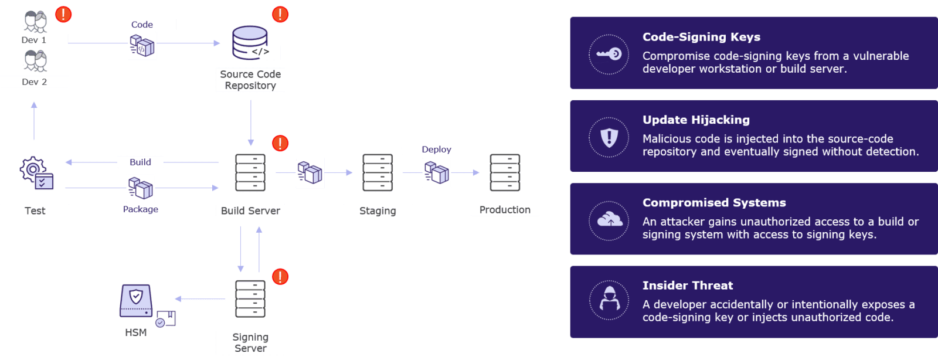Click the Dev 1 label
(x=34, y=40)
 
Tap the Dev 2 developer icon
(x=35, y=61)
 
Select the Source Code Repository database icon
(x=250, y=43)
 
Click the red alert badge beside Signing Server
(x=280, y=277)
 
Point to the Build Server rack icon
(x=250, y=173)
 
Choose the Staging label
(x=378, y=210)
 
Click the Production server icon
(x=505, y=173)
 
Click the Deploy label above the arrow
(x=436, y=150)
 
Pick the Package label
(x=140, y=209)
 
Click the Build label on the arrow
(x=140, y=162)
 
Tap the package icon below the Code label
(x=142, y=46)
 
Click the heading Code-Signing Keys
(x=701, y=37)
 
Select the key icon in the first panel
(x=609, y=54)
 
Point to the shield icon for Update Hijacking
(x=609, y=138)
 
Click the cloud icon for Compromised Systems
(x=609, y=220)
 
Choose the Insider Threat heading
(x=688, y=286)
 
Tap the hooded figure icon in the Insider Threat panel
(x=609, y=300)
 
